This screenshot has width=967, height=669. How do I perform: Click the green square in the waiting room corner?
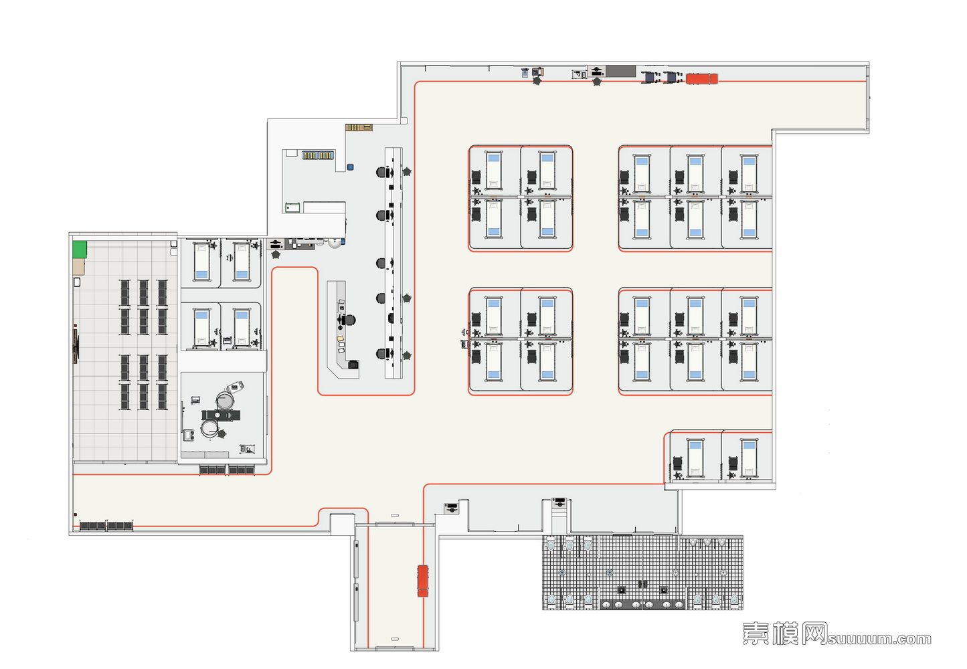80,250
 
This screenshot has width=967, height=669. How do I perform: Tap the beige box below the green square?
79,267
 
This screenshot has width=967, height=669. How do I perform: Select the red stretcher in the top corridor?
701,78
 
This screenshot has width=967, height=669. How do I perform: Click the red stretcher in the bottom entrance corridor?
422,580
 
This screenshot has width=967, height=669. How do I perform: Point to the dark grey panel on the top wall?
620,71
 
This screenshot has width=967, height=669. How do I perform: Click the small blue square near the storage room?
349,167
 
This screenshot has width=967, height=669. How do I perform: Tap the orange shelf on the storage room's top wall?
359,127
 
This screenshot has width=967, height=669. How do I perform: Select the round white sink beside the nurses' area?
335,242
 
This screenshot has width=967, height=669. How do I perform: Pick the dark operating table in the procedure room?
220,415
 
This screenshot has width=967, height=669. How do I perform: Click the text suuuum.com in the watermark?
879,639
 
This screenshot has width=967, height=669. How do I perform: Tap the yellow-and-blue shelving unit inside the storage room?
317,155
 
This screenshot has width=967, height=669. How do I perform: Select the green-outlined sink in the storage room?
292,207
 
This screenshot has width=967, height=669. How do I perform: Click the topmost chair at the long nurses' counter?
381,172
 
